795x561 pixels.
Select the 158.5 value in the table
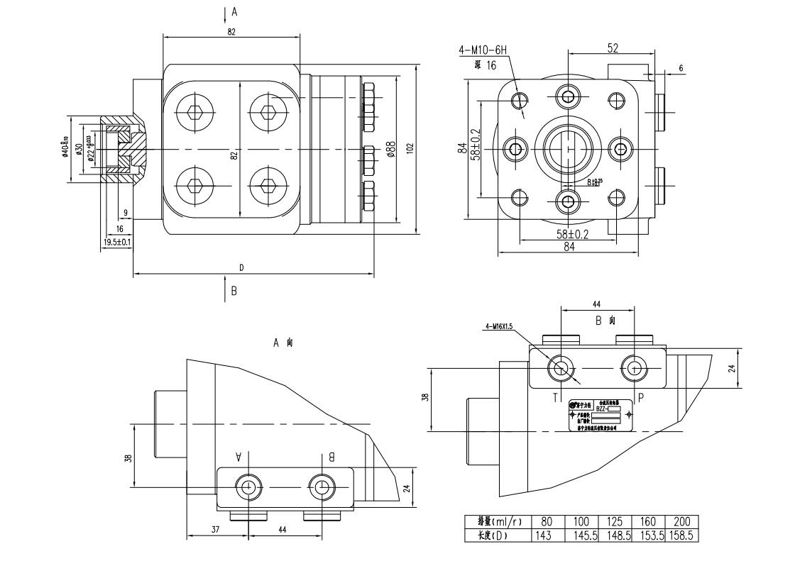click(x=682, y=535)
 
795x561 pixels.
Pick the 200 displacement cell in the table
click(x=682, y=522)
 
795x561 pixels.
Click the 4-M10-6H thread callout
click(x=483, y=50)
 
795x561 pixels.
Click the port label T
click(x=555, y=398)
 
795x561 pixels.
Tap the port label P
click(x=640, y=398)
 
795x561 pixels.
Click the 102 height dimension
click(x=410, y=149)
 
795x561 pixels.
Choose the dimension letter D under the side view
click(x=241, y=267)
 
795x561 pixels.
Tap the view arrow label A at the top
click(x=234, y=12)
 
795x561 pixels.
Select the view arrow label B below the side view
click(x=234, y=290)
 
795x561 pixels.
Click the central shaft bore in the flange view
click(x=567, y=148)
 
